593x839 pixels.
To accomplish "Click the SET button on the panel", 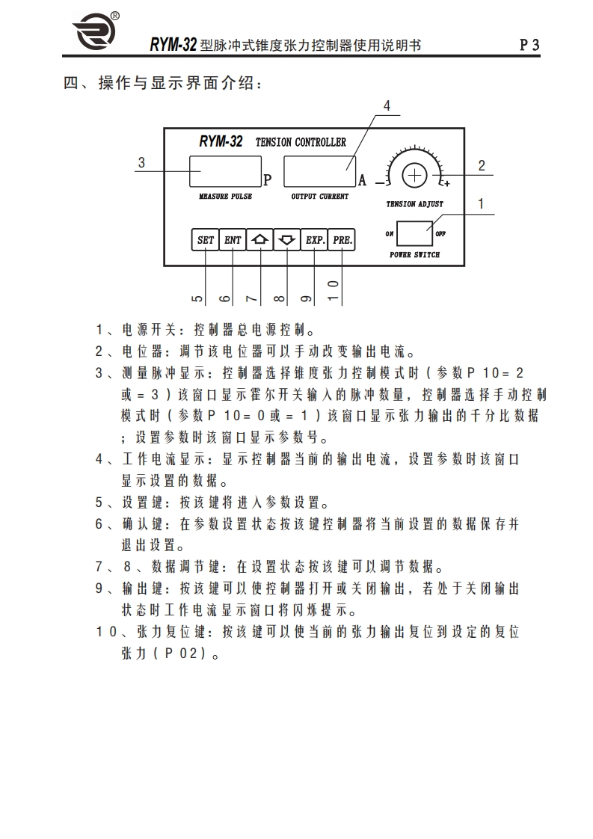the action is [204, 240].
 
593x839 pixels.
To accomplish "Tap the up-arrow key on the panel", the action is [259, 240].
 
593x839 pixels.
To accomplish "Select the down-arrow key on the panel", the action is [286, 240].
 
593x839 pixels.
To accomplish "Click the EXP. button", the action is [314, 240].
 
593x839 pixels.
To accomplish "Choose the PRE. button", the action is [342, 240].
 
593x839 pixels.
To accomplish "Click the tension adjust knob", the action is [414, 175].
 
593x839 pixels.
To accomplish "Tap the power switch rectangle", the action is [414, 234].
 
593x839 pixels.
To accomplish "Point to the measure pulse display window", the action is [224, 171].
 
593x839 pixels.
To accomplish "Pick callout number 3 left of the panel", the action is [141, 162].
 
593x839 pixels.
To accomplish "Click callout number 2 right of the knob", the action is [482, 166].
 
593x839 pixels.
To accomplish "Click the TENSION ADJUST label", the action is [414, 204].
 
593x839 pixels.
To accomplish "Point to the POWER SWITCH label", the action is [414, 255].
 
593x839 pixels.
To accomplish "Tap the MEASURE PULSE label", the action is [225, 197].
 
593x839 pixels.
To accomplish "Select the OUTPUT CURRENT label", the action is [319, 197].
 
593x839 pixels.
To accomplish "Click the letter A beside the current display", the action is [363, 180].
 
